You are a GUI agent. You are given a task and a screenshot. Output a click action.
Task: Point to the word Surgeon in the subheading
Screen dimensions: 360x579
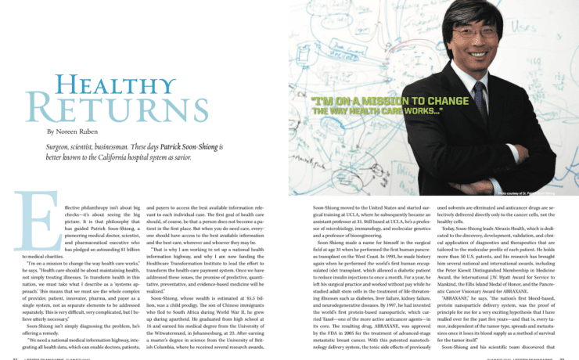62,148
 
